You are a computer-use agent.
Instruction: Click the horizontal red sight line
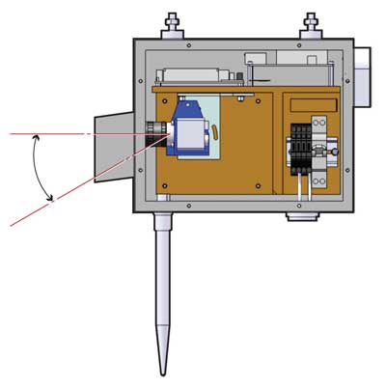coord(58,134)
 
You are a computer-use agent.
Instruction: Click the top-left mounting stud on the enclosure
coord(174,24)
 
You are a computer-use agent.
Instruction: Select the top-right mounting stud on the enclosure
coord(311,24)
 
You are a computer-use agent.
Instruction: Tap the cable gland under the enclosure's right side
coord(302,216)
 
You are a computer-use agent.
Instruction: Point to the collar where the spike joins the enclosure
coord(162,220)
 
